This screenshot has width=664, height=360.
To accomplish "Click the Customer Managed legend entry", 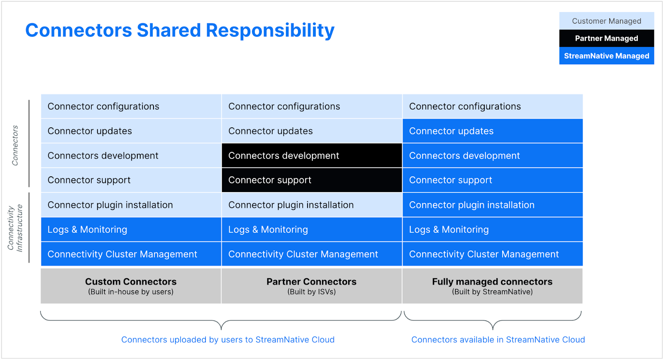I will [x=606, y=21].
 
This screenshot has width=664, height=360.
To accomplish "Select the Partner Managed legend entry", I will [x=606, y=39].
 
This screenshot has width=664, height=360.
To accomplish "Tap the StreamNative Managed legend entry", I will [x=606, y=56].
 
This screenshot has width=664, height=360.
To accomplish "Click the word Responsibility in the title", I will [x=270, y=31].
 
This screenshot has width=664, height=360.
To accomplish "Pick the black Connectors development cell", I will [x=312, y=156].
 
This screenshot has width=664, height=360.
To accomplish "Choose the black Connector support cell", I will [x=312, y=180].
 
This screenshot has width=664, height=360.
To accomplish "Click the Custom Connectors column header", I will [x=131, y=282].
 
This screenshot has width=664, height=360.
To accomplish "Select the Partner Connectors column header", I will [x=311, y=282].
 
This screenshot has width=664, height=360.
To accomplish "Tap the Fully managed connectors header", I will [x=492, y=282].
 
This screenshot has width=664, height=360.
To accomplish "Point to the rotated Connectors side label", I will [x=15, y=145].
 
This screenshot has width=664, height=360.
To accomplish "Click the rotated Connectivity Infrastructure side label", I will [x=15, y=228].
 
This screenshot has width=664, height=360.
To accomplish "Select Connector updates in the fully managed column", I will [x=492, y=131].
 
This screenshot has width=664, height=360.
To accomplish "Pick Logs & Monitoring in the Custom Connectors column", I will [x=131, y=229].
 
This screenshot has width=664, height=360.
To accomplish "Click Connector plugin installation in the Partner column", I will [x=312, y=205].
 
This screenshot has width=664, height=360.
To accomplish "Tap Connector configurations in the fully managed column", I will [x=492, y=107].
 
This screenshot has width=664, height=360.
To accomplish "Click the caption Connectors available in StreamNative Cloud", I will [x=498, y=340].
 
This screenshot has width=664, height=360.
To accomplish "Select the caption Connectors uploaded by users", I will [x=228, y=340].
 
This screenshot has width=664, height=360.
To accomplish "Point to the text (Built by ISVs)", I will [x=312, y=292].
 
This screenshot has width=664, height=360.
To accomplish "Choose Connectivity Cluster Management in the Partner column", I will [x=312, y=254].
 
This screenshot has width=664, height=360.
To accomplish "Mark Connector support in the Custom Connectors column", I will [x=131, y=180].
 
